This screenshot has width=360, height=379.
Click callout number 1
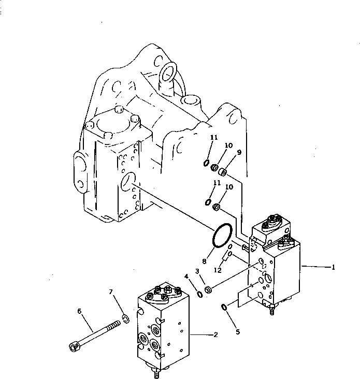tap(334, 267)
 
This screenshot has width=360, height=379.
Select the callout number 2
tap(215, 334)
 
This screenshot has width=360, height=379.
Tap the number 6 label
tap(79, 311)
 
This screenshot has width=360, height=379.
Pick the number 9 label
tap(239, 152)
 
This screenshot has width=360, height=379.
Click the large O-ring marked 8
tap(222, 236)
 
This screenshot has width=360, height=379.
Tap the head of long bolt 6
tap(73, 347)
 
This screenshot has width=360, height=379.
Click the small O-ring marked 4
tap(200, 294)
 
